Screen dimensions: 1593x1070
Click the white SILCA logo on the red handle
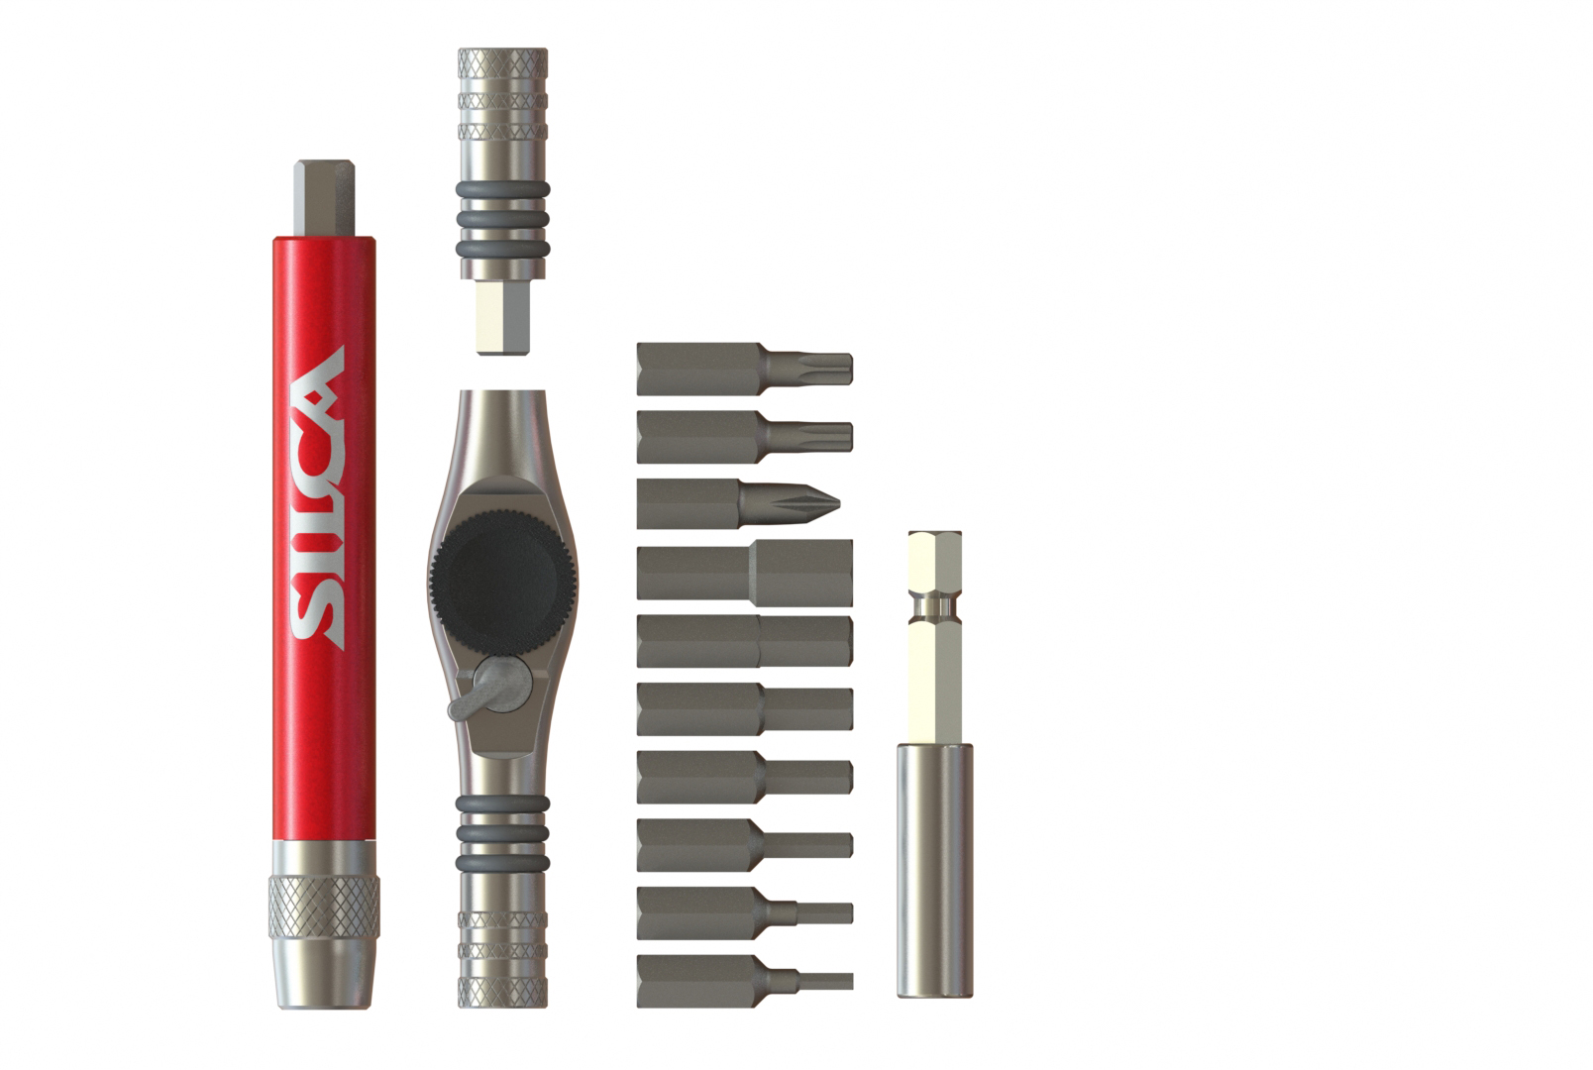coord(318,497)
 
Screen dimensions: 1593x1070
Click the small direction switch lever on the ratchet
coord(490,688)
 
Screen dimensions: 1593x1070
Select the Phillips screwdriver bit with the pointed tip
coord(738,503)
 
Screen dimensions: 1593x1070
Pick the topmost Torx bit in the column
coord(744,369)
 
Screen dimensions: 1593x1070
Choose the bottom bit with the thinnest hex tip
coord(745,981)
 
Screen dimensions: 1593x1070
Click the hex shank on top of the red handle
coord(324,198)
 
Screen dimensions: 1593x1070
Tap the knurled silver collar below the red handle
coord(324,908)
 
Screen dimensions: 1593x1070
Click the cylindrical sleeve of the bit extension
coord(934,870)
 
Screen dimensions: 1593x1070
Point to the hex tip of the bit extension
coord(934,563)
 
